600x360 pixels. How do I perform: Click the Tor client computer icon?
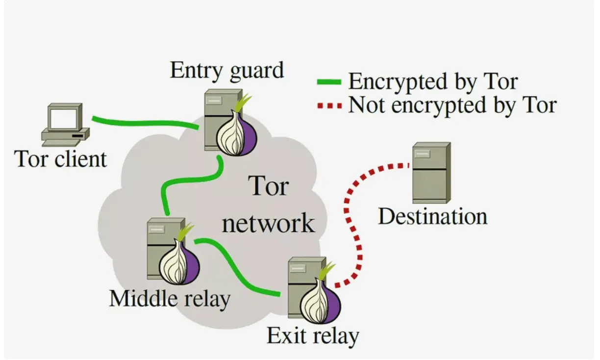pos(66,126)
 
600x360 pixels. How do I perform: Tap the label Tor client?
pos(61,159)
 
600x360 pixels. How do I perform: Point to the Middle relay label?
pos(169,298)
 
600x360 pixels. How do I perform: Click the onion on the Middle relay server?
pos(179,262)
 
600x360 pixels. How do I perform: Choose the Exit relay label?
pos(313,336)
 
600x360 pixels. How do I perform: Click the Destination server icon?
pos(430,172)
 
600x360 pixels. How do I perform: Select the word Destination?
pos(432,216)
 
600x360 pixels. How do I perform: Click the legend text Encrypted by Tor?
pos(432,81)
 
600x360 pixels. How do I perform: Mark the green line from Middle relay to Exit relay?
pos(240,267)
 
